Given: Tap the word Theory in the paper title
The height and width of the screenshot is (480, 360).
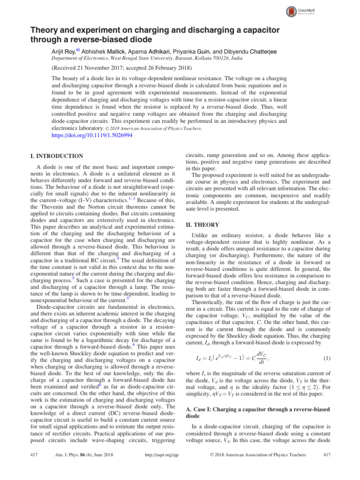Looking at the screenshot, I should coord(41,30).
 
